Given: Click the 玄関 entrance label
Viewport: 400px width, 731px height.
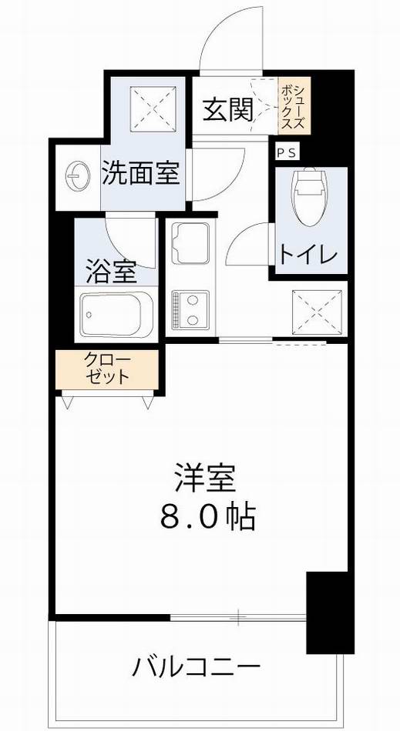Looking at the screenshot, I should [228, 109].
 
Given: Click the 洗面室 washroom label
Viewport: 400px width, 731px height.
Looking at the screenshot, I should [141, 173].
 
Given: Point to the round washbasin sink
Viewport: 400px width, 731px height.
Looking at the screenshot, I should [78, 175].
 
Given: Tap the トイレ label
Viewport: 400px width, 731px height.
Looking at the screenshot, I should [308, 255].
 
